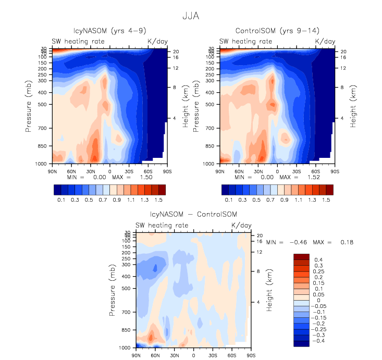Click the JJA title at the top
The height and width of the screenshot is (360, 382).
[190, 16]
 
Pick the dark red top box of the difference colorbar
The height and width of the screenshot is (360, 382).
[302, 256]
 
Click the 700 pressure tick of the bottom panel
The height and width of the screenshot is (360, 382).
[126, 312]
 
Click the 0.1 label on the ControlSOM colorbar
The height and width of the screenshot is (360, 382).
[228, 200]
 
